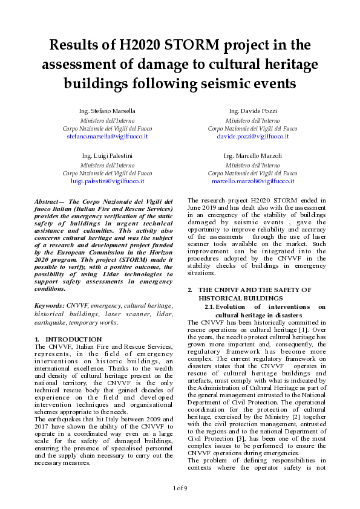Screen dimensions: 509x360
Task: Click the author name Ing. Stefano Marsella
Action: coord(107,112)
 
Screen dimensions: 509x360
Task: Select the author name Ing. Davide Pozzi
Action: coord(252,112)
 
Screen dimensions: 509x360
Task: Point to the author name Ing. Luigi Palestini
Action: coord(107,156)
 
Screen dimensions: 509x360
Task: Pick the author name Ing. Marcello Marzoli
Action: coord(252,156)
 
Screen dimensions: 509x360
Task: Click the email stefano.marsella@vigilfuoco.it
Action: coord(107,137)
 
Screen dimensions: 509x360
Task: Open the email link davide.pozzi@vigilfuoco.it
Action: coord(252,137)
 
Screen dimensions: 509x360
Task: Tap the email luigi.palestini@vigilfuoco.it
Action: coord(107,181)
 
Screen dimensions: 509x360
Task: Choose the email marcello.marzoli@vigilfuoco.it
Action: coord(252,181)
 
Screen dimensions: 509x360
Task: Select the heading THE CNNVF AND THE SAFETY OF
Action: coord(255,290)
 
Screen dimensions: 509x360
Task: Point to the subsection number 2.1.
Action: coord(209,307)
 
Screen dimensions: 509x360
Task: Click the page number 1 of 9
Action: coord(180,487)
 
